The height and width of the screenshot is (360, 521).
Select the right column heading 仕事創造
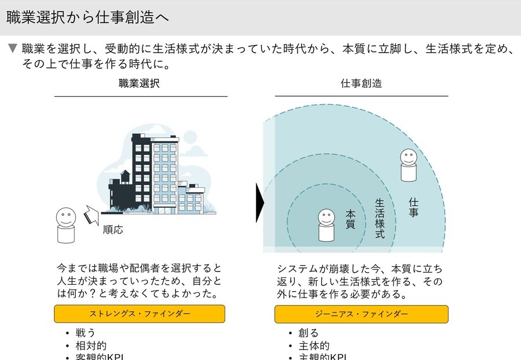(361, 83)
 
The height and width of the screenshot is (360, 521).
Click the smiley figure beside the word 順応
(66, 226)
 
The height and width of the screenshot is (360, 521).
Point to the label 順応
(113, 229)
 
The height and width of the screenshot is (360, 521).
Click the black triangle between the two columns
(259, 203)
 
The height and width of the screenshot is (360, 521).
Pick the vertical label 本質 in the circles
(350, 219)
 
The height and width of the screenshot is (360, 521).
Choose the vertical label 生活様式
(380, 219)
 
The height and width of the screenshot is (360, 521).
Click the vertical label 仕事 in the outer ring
(413, 207)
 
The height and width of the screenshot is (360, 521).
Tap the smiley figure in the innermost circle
(326, 225)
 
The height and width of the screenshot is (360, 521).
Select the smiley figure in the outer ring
(409, 165)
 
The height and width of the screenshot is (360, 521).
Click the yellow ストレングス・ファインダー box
(140, 314)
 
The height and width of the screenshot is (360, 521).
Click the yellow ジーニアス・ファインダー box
(361, 314)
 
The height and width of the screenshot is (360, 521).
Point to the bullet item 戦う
(85, 333)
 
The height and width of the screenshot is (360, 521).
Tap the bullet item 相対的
(91, 346)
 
